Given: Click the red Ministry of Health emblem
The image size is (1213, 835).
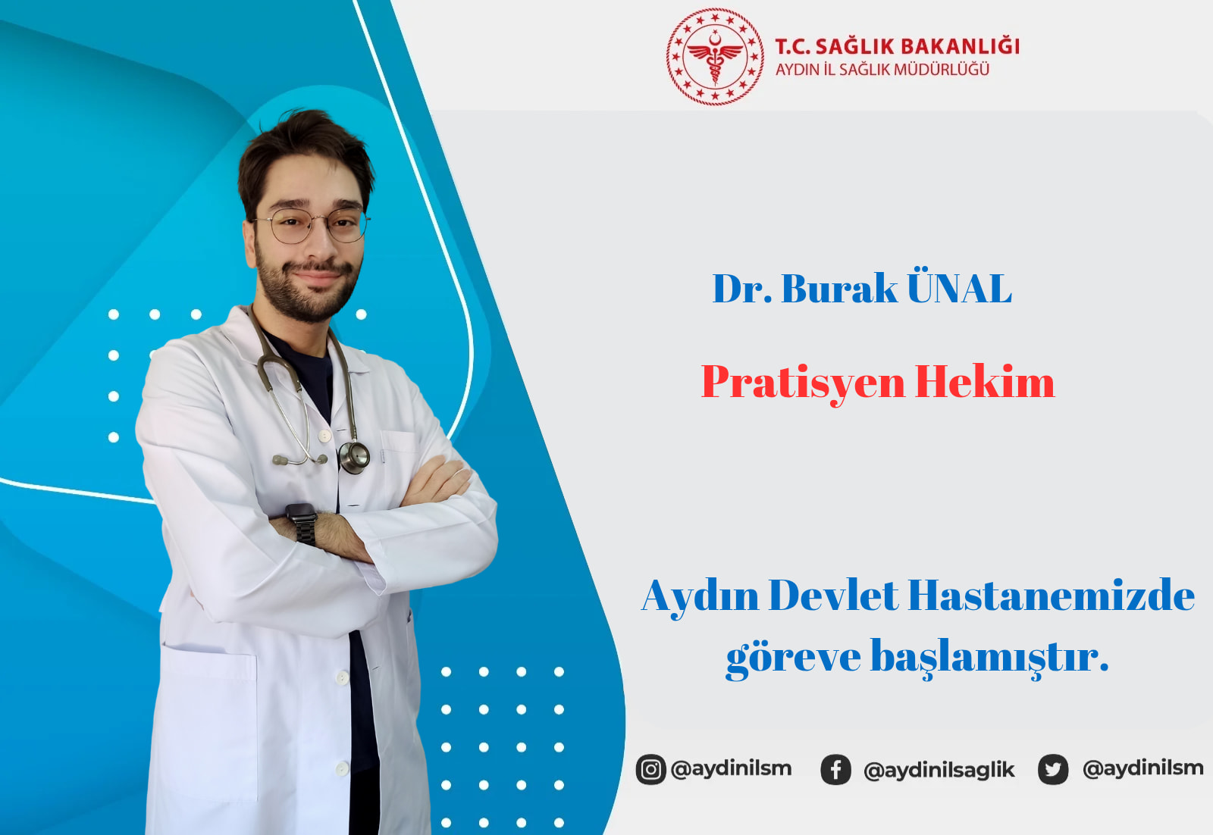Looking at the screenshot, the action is (715, 56).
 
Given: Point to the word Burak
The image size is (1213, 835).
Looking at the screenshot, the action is (839, 288).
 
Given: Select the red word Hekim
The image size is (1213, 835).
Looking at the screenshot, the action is (985, 382).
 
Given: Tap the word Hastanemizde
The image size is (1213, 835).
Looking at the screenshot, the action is (1051, 596).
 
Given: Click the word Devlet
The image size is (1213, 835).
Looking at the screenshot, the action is (833, 596).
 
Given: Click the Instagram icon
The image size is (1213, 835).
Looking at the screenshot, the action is (650, 769).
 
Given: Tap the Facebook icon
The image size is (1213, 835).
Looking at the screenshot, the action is (835, 769).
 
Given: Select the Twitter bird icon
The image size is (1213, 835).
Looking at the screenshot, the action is (1053, 769).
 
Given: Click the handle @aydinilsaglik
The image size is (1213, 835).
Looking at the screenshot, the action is (939, 770).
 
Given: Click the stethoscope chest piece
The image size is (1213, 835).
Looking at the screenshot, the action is (354, 457).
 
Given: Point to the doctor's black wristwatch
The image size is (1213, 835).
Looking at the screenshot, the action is (302, 523).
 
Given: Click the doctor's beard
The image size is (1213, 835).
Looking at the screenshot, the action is (306, 289).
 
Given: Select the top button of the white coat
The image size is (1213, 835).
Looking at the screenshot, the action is (324, 436).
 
